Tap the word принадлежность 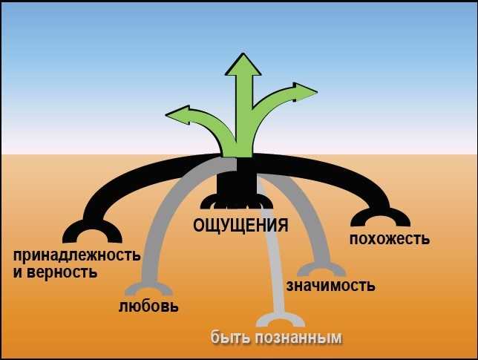[x=76, y=256]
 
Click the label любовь [x=148, y=306]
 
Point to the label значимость [x=330, y=285]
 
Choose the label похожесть [x=390, y=239]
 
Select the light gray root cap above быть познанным [x=280, y=319]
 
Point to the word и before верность [x=17, y=272]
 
